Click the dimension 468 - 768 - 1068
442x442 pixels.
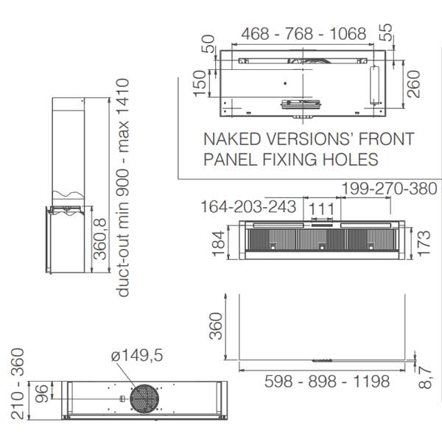tap(304, 34)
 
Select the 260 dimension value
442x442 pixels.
tap(413, 84)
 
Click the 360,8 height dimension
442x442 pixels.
tap(99, 239)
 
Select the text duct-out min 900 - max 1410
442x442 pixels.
tap(123, 187)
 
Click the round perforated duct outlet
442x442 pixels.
tap(144, 399)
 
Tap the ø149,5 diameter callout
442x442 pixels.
tap(137, 355)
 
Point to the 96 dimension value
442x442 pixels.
tap(41, 393)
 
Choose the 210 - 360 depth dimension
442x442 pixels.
tap(17, 384)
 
